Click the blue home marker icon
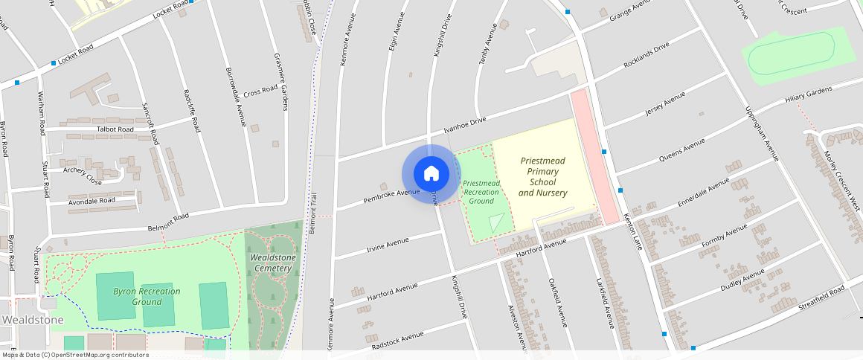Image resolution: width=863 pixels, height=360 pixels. coord(431,174)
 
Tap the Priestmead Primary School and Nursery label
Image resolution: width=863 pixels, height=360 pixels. coord(542,177)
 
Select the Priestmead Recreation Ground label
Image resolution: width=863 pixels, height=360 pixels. coord(481,192)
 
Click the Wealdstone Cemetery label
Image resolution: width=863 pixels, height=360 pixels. coord(273,263)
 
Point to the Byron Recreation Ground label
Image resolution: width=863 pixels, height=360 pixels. coord(147,296)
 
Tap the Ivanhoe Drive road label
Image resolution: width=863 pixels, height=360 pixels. coord(464,125)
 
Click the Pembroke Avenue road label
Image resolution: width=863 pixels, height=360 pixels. coord(392,196)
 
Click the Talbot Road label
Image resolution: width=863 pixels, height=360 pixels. coord(115,129)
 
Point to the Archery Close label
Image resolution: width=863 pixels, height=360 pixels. coord(83,175)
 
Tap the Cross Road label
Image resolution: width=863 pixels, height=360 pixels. coord(260,91)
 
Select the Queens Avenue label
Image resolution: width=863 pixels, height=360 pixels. coord(682,152)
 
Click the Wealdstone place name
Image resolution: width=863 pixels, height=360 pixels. coord(33,319)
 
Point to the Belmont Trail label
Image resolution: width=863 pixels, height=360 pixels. coord(313,211)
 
